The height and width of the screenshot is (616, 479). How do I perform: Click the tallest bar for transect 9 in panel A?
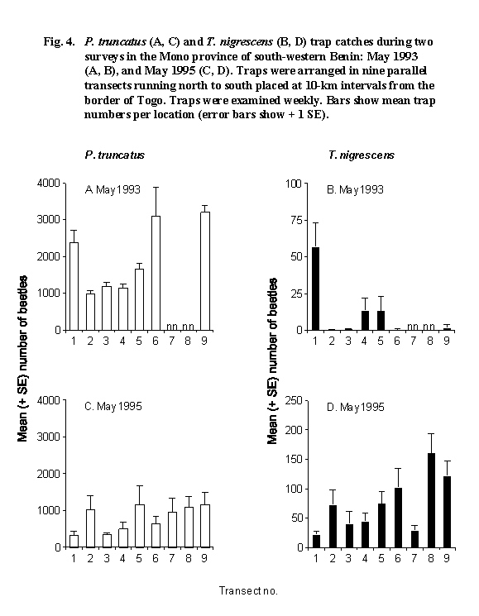coord(204,271)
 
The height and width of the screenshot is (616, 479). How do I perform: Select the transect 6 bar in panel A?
coord(156,273)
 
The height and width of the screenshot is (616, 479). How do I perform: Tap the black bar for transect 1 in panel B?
coord(315,289)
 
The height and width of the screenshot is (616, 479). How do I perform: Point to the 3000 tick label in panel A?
coord(48,219)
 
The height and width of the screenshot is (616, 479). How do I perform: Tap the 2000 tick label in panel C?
coord(48,474)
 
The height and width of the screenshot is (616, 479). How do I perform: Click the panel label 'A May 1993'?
coord(113,189)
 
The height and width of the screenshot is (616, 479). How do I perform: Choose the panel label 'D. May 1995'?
coord(356,407)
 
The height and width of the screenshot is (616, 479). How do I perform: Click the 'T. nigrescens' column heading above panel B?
coord(362,155)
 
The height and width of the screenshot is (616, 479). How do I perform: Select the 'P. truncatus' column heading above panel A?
coord(115,155)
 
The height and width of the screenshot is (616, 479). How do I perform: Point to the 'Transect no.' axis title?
coord(248,591)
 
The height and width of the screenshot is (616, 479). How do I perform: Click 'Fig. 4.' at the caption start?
coord(59,41)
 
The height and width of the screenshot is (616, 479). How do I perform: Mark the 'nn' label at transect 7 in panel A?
coord(172,326)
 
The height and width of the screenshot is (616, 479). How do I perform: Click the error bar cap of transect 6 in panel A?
coord(156,188)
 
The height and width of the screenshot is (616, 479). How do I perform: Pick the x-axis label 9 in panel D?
coord(447,558)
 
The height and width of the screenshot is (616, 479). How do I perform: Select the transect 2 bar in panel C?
coord(90,528)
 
